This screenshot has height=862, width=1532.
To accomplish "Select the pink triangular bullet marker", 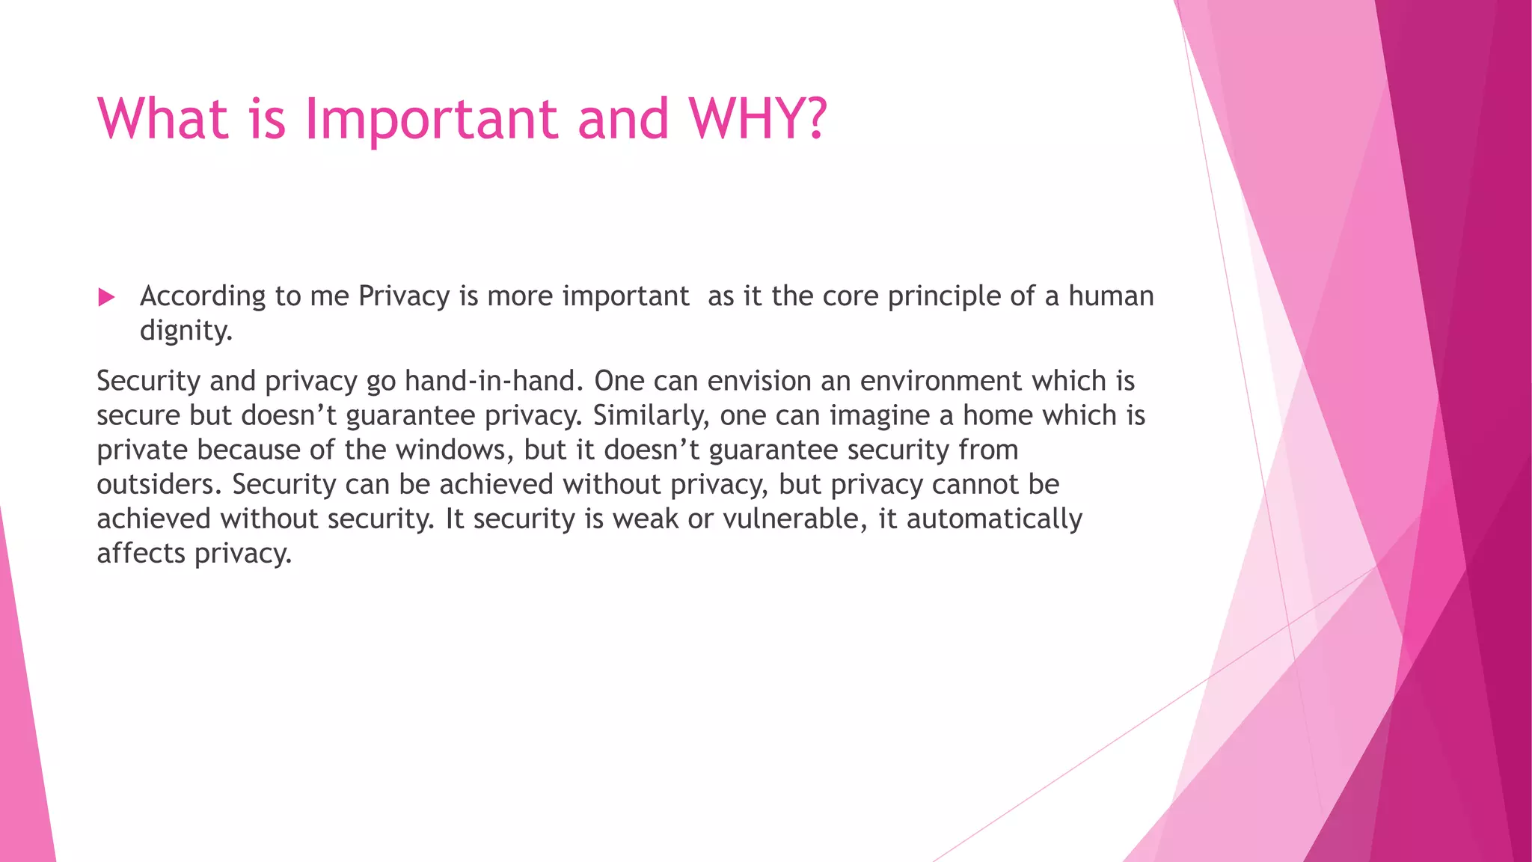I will (106, 298).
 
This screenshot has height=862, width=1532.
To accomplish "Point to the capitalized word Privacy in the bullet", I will (404, 297).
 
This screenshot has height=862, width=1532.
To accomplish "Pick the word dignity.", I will (186, 331).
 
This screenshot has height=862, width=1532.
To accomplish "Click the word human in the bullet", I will (1111, 296).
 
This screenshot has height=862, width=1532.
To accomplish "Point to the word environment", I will (941, 381).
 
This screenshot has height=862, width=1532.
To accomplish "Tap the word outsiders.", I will (159, 484).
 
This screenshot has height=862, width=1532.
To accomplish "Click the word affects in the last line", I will (141, 553).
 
